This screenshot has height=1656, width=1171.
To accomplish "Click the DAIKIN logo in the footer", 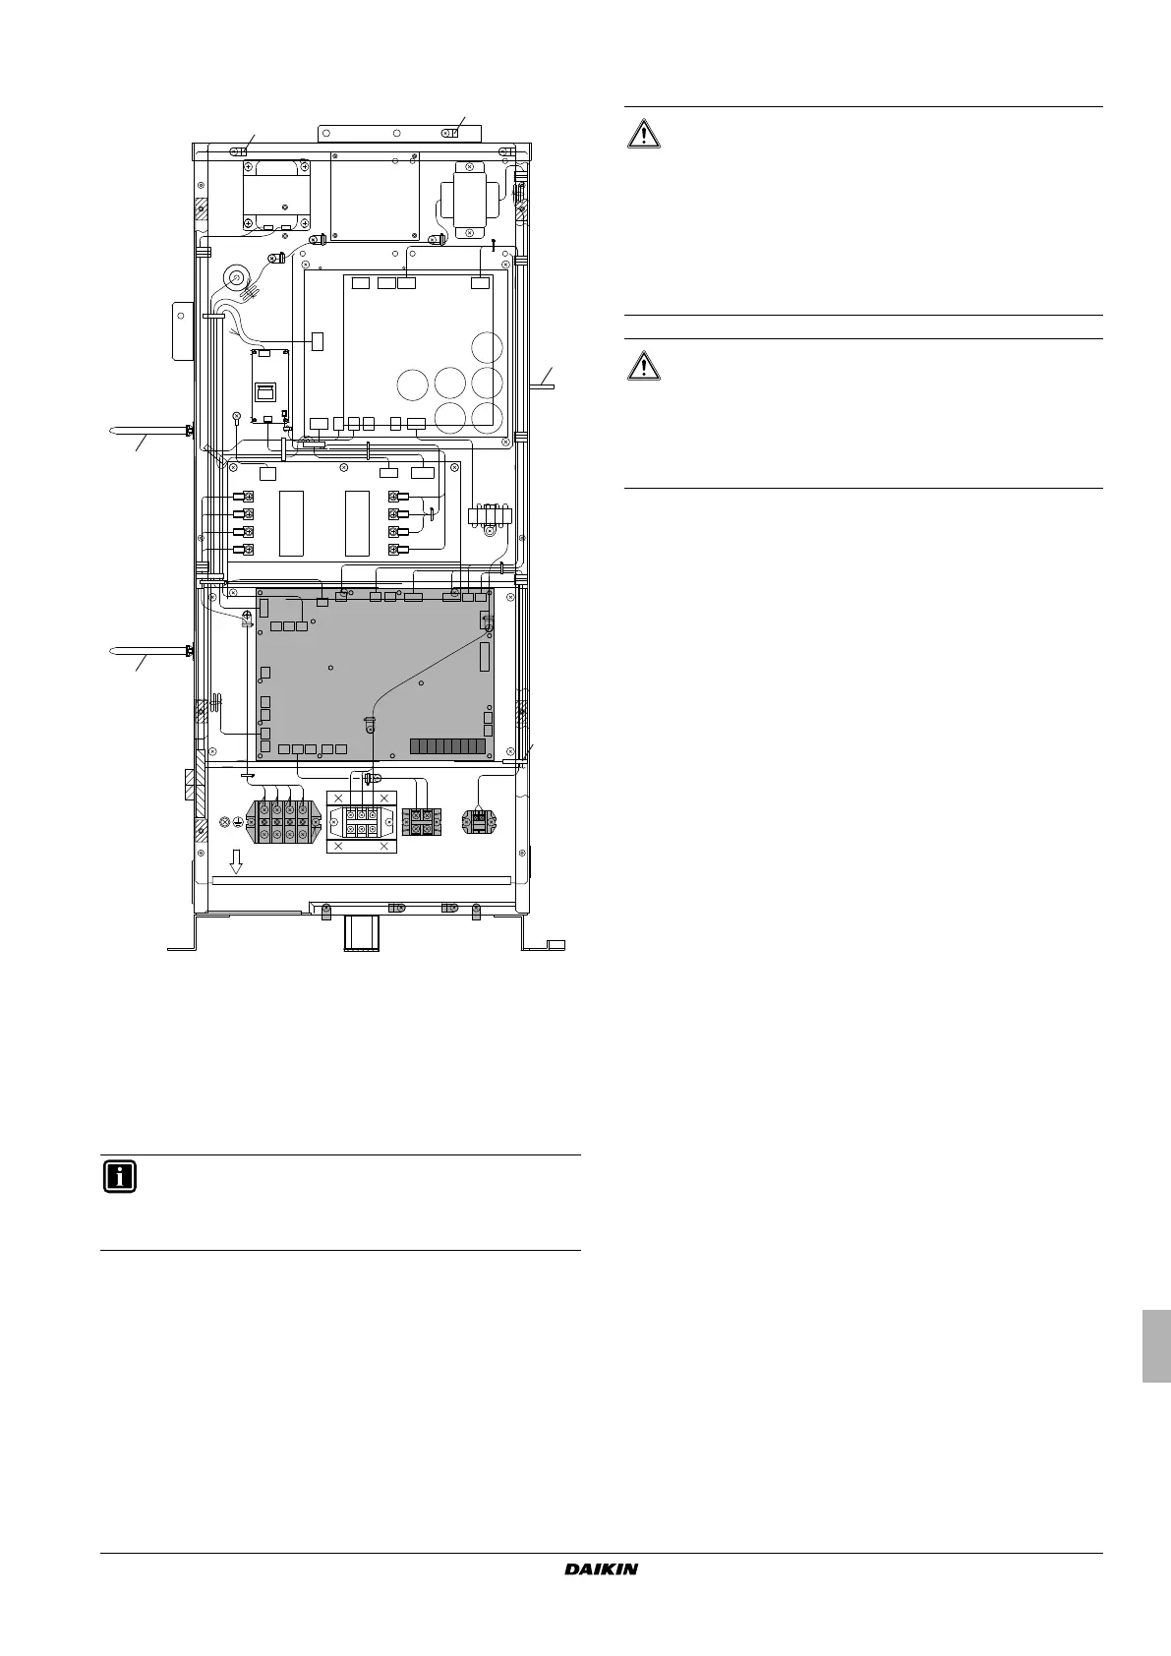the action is (601, 1568).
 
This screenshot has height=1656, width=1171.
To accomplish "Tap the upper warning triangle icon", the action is (644, 134).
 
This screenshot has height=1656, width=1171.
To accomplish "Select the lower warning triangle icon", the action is (644, 365).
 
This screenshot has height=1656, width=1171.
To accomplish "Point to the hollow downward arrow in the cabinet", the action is (236, 861).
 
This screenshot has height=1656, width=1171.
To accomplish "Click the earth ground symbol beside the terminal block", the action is (238, 822).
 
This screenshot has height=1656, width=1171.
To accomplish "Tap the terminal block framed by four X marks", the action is (362, 821).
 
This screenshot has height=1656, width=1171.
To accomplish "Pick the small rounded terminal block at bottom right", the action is (479, 821).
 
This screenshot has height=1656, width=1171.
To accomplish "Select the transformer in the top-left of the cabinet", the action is (276, 195).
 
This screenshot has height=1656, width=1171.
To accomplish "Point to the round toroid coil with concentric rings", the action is (237, 278).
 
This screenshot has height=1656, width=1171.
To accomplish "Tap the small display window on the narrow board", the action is (265, 391).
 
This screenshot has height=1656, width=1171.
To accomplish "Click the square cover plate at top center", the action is (375, 197).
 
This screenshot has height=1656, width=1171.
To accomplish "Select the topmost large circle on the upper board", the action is (487, 347).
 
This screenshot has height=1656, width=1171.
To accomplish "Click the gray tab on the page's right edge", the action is (1156, 1346).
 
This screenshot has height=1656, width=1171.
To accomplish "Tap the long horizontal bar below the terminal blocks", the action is (361, 880).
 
